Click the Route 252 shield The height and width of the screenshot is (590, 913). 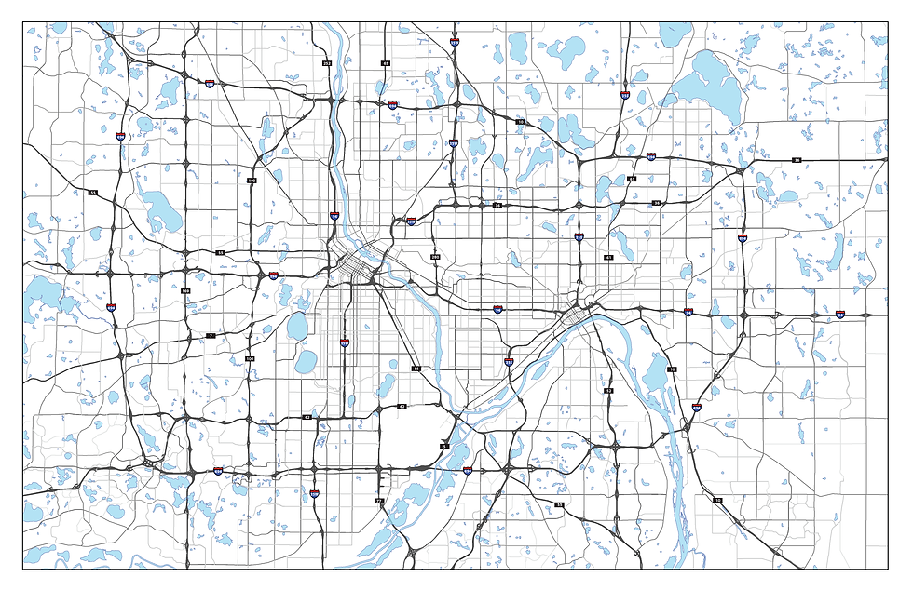(x=327, y=63)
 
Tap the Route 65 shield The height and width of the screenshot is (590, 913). (x=385, y=63)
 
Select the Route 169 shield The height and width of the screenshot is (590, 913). (x=185, y=292)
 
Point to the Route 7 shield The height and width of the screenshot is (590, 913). (x=211, y=335)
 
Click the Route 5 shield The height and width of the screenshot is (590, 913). (x=444, y=447)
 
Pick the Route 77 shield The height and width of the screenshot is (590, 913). (x=379, y=501)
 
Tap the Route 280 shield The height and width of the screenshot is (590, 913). (x=435, y=256)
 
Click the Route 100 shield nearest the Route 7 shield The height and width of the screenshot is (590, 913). (x=250, y=358)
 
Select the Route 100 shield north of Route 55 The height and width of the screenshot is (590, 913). (x=252, y=181)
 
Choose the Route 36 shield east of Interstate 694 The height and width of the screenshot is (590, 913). (x=797, y=160)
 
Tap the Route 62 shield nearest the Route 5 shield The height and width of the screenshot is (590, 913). (x=402, y=407)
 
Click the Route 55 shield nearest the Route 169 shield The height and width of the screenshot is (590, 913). (x=221, y=252)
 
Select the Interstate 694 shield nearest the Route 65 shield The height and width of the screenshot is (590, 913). (x=393, y=106)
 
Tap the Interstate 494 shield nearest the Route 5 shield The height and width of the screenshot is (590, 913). (x=467, y=471)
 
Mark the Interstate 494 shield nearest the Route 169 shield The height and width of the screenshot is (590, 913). (x=218, y=471)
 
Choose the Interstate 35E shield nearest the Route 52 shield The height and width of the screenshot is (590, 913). (x=509, y=361)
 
